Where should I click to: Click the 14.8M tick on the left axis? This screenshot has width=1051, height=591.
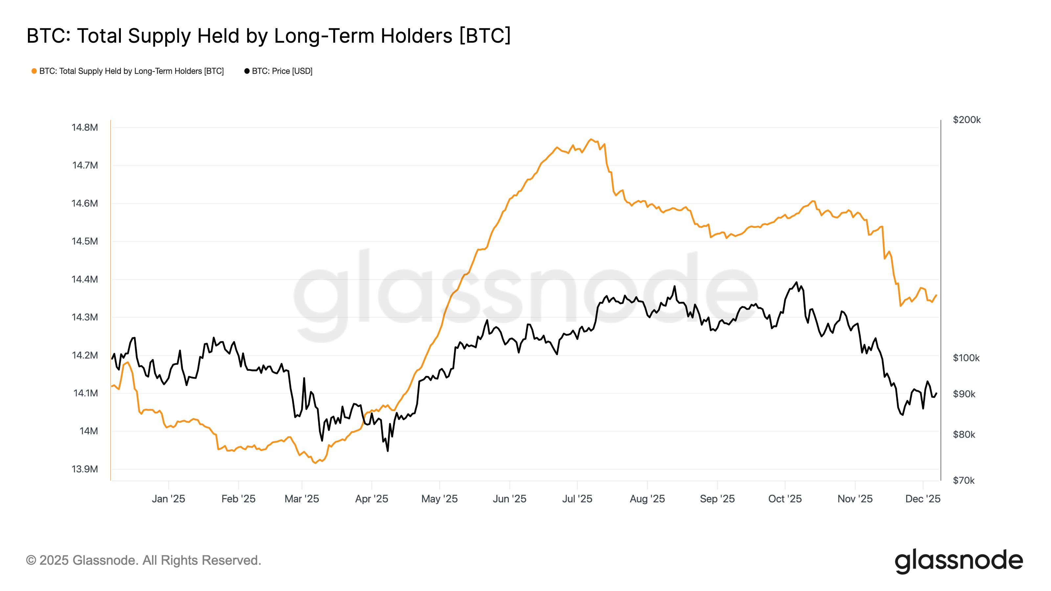(x=85, y=128)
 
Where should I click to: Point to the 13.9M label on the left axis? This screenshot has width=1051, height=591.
(x=85, y=469)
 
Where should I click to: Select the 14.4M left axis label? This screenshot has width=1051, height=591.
(x=85, y=279)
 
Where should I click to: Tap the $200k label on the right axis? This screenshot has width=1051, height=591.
(x=967, y=120)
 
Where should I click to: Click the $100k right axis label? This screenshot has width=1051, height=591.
(x=966, y=358)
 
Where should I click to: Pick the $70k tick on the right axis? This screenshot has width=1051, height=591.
(x=963, y=480)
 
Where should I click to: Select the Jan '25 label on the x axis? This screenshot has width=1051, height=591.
(x=168, y=499)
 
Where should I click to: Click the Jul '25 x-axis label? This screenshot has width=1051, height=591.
(x=577, y=499)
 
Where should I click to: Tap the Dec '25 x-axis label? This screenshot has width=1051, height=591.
(x=923, y=499)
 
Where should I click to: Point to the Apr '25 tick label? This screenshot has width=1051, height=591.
(x=371, y=499)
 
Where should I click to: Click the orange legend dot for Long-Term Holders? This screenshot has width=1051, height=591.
(x=34, y=71)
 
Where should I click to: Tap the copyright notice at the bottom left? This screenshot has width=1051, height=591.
(x=144, y=560)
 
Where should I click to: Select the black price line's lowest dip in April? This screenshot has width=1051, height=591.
(x=387, y=451)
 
